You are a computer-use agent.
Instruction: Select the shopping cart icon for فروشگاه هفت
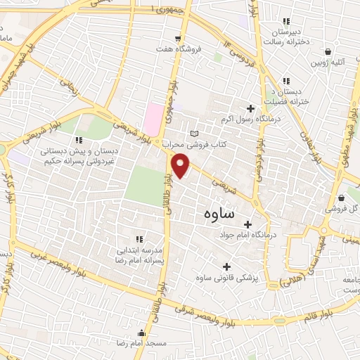pyautogui.click(x=178, y=38)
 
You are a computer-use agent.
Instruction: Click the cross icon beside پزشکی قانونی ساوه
pyautogui.click(x=226, y=266)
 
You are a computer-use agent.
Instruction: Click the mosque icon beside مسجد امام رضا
pyautogui.click(x=142, y=333)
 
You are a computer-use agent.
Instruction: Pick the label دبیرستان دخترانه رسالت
pyautogui.click(x=285, y=37)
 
